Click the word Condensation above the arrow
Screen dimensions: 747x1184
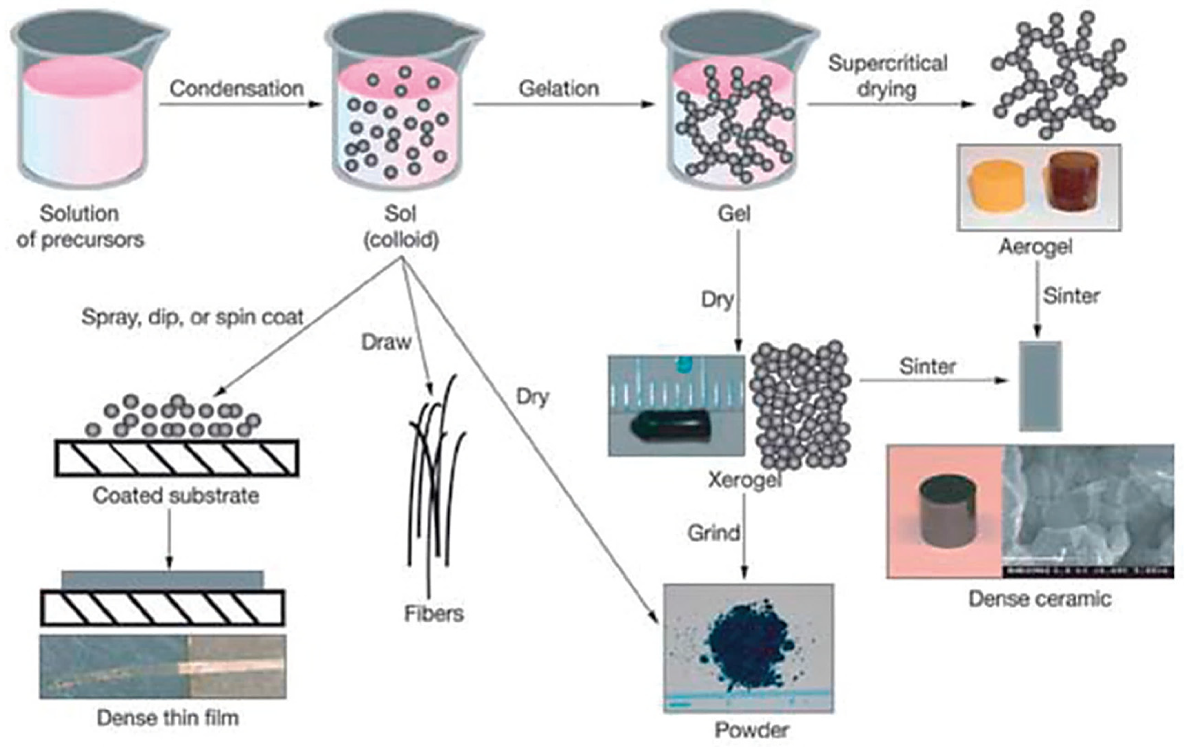[237, 89]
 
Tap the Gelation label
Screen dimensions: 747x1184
[559, 89]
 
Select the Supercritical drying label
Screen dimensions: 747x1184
[887, 76]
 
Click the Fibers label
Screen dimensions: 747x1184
[434, 613]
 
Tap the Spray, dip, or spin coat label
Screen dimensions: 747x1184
[192, 317]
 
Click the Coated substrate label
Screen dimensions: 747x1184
[176, 495]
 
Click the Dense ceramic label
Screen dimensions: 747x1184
[1040, 598]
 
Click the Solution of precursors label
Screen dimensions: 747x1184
[80, 226]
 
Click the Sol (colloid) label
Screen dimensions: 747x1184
[401, 226]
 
